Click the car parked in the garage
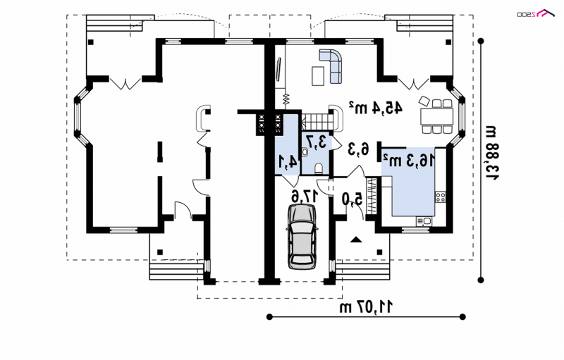pos(302,236)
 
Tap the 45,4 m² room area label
pos(376,107)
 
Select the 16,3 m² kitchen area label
pos(410,160)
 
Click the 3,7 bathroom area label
pos(317,142)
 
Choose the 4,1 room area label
pos(289,162)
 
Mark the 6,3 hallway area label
pos(359,149)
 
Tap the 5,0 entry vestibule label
pos(353,199)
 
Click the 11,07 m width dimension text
pos(367,306)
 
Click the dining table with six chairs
pos(436,116)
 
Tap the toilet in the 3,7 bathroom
pos(319,168)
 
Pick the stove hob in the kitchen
pos(441,197)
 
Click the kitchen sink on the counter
pos(424,221)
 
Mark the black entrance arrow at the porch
pos(355,240)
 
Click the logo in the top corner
pos(537,13)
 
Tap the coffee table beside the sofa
pos(318,76)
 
